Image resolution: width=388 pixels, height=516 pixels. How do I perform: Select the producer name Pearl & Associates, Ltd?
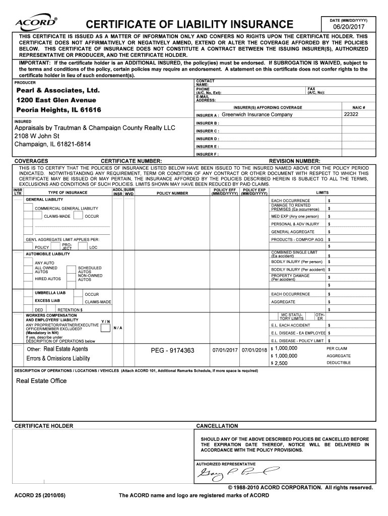(58, 91)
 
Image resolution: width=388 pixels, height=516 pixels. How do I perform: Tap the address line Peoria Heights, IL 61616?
(59, 110)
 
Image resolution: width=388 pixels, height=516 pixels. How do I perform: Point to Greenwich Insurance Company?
(257, 115)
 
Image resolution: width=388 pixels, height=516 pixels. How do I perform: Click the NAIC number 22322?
(351, 115)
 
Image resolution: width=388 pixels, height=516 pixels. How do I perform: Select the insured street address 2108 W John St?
(37, 136)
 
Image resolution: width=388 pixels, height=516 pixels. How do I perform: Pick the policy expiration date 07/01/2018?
(254, 350)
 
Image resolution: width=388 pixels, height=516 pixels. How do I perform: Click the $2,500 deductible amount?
(280, 363)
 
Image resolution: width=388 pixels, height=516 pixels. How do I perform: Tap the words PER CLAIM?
(337, 348)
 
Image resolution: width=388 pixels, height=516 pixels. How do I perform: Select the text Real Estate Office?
(41, 381)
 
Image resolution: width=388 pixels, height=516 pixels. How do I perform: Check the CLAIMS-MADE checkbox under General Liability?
(36, 216)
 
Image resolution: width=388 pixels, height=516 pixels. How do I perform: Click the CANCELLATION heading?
(217, 426)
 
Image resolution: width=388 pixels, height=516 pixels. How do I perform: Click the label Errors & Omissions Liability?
(58, 358)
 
